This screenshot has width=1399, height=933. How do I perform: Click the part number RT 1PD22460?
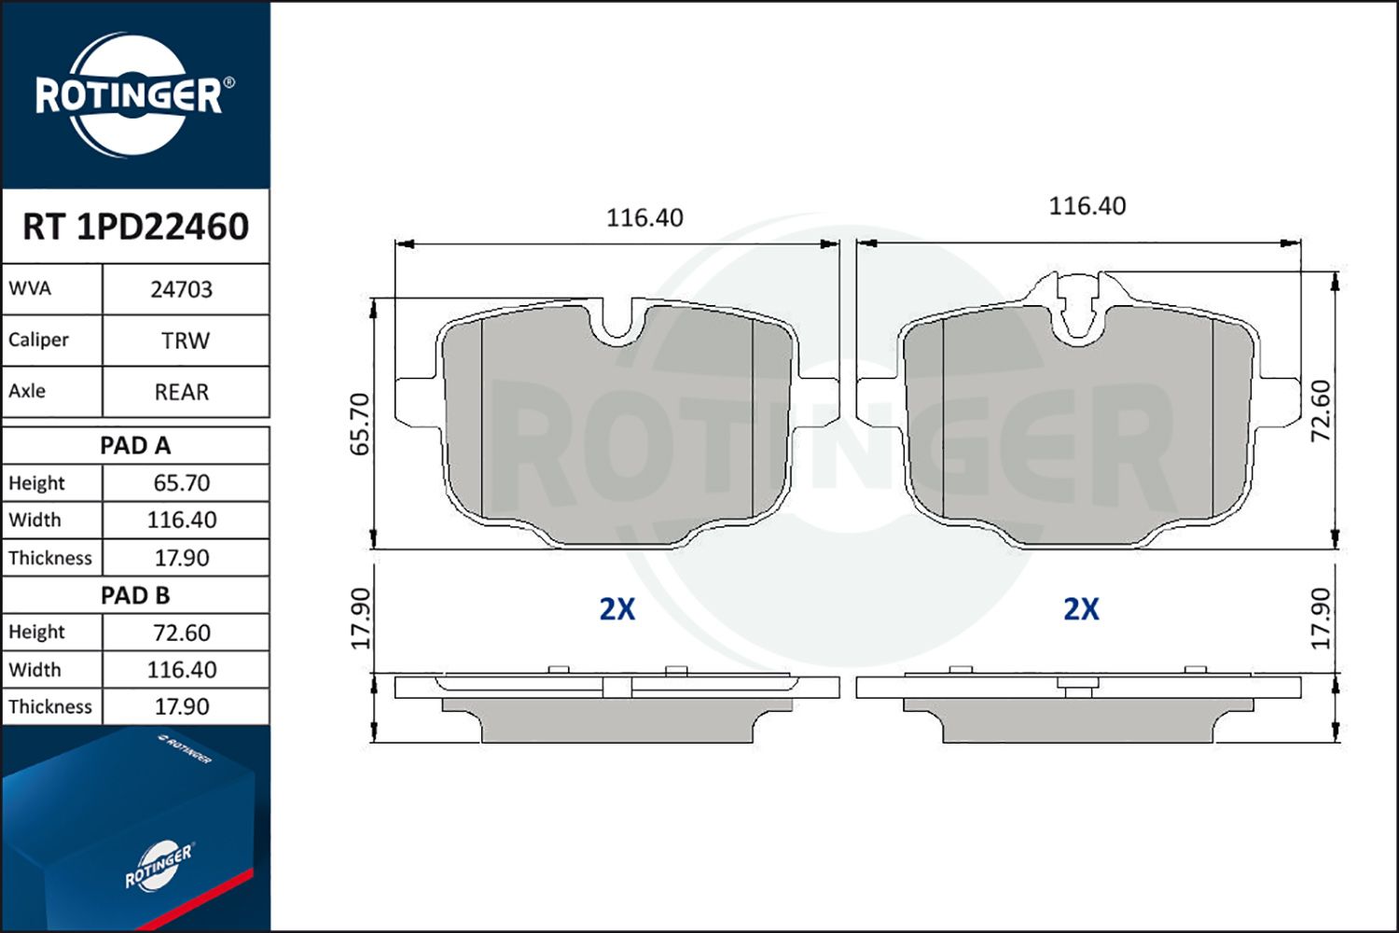(x=135, y=227)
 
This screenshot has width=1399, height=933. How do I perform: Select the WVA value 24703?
(x=182, y=290)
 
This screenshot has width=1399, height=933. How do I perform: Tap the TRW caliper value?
(x=185, y=341)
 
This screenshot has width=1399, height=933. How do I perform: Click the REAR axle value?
(x=182, y=393)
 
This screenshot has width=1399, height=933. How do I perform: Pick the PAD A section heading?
(x=135, y=446)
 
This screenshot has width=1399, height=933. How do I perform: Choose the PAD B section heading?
(x=135, y=595)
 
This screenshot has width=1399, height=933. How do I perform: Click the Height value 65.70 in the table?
(x=182, y=483)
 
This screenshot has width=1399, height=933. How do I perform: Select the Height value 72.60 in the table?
(x=182, y=633)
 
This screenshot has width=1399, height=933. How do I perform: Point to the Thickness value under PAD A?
(x=182, y=558)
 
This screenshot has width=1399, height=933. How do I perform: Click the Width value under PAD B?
(x=182, y=670)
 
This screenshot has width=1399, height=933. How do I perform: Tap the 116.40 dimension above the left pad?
(x=644, y=218)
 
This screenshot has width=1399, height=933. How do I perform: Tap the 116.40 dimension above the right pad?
(x=1087, y=206)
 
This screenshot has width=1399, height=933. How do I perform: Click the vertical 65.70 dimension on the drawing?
(x=361, y=425)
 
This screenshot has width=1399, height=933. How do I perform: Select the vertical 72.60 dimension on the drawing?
(x=1321, y=411)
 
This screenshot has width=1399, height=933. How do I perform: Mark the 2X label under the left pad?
(x=616, y=609)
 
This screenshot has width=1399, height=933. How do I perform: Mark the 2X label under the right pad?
(x=1081, y=609)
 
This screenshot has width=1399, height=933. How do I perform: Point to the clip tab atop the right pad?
(x=1079, y=303)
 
